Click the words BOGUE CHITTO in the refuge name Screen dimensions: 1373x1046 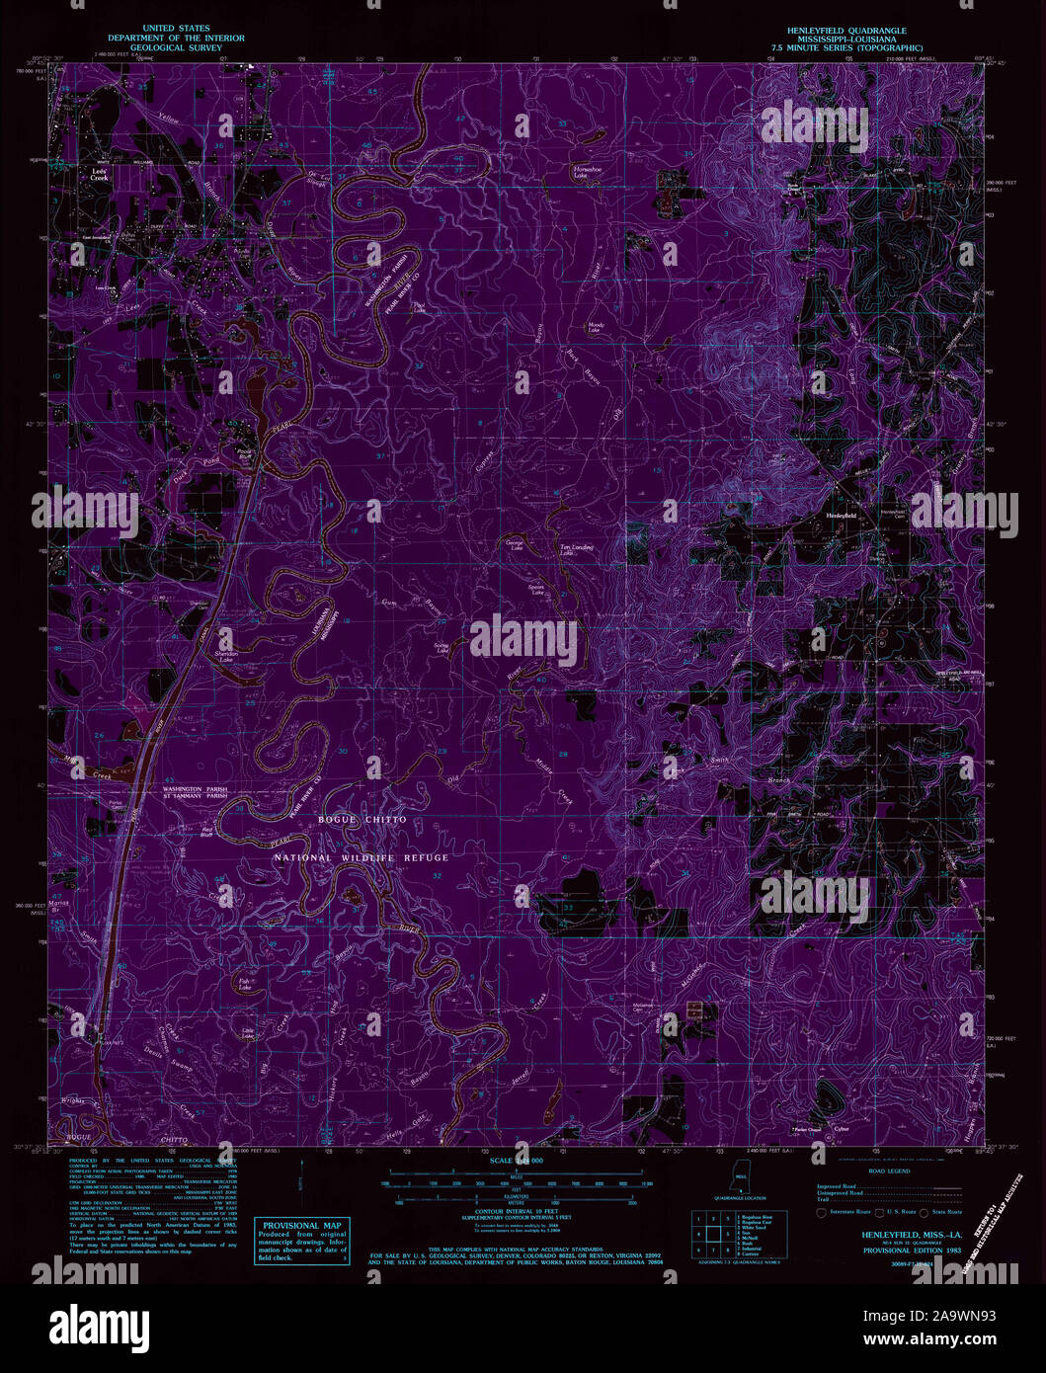pos(362,820)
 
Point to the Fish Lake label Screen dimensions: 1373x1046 pos(245,985)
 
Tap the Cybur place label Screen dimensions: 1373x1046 pos(841,1128)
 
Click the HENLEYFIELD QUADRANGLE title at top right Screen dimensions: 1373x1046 pos(853,31)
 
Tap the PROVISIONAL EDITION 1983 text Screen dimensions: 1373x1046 pos(883,1250)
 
